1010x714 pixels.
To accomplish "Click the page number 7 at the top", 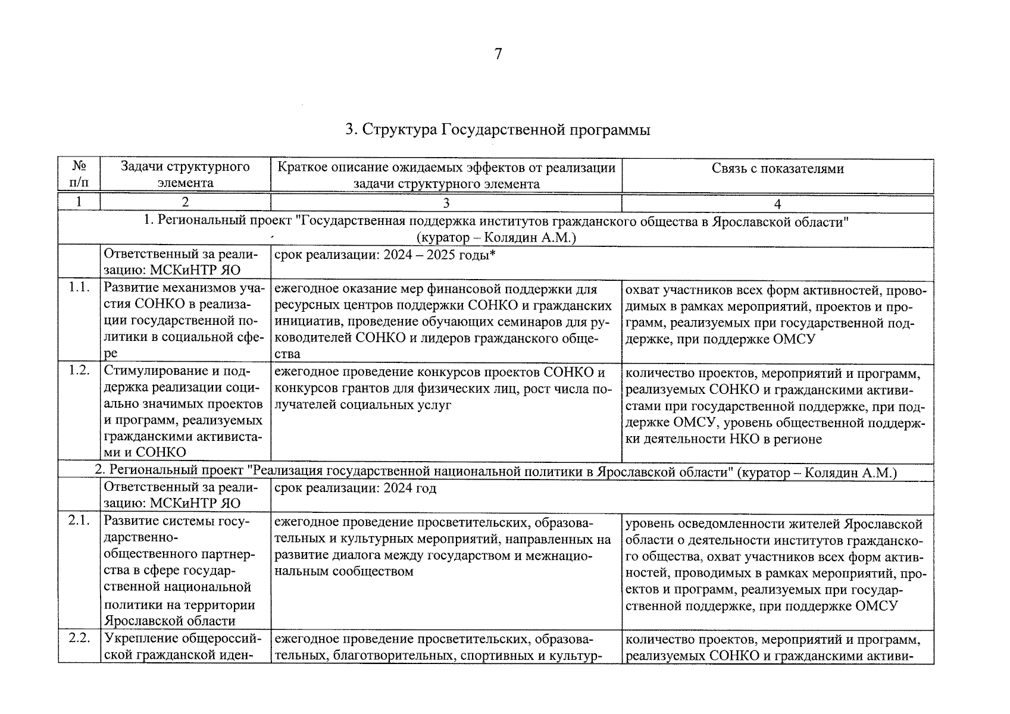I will [x=498, y=55].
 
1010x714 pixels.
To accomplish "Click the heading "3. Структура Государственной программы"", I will [x=498, y=130].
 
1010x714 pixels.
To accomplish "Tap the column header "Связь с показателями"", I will [x=777, y=168].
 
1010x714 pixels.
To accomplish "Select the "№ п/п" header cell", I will [x=79, y=175].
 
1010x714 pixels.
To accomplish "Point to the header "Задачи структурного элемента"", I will [x=185, y=175].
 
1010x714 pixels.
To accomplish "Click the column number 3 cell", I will [x=446, y=203].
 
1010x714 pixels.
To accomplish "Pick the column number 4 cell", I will [x=777, y=203].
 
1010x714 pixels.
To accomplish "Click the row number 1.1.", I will [x=79, y=288].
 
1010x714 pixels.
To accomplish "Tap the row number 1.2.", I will [x=79, y=371].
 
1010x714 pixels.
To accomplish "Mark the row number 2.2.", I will [x=79, y=638].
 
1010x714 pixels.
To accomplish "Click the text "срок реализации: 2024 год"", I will [x=355, y=488].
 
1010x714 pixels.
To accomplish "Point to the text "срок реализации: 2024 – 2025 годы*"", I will [x=385, y=255].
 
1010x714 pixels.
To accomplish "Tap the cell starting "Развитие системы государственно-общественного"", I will [x=184, y=571].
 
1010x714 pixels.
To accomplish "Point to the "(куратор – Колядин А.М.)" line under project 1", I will [x=496, y=238].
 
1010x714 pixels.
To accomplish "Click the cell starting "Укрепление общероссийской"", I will [x=184, y=647].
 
